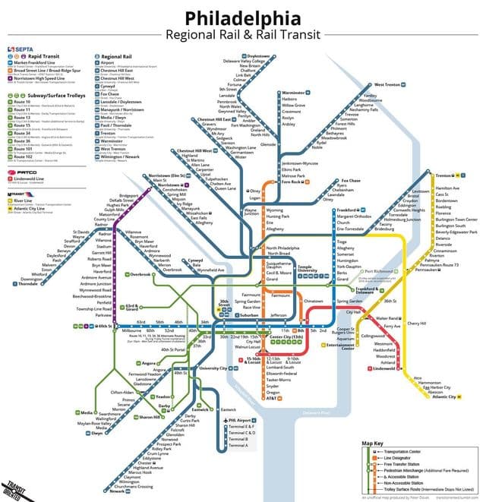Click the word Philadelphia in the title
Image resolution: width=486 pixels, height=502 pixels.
(x=243, y=17)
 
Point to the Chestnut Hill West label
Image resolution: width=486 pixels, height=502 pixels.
(x=194, y=151)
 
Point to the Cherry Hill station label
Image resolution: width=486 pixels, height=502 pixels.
(x=418, y=324)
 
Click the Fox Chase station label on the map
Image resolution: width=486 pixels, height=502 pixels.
(x=329, y=181)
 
